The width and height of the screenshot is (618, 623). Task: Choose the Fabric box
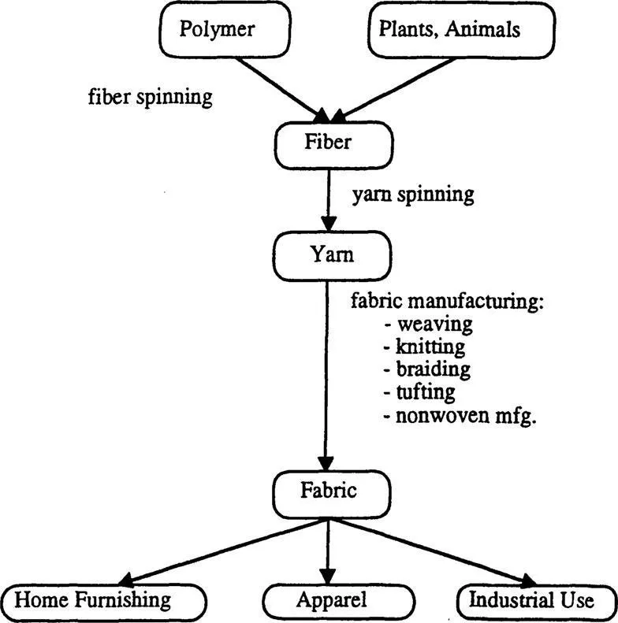point(329,491)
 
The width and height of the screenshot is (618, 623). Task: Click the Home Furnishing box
point(102,601)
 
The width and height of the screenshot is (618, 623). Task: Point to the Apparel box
point(332,601)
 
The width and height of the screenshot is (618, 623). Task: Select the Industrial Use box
point(531,601)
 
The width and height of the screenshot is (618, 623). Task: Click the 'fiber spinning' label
point(150,98)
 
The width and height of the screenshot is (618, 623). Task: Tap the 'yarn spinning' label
point(413,195)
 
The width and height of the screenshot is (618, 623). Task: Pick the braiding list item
point(431,369)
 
